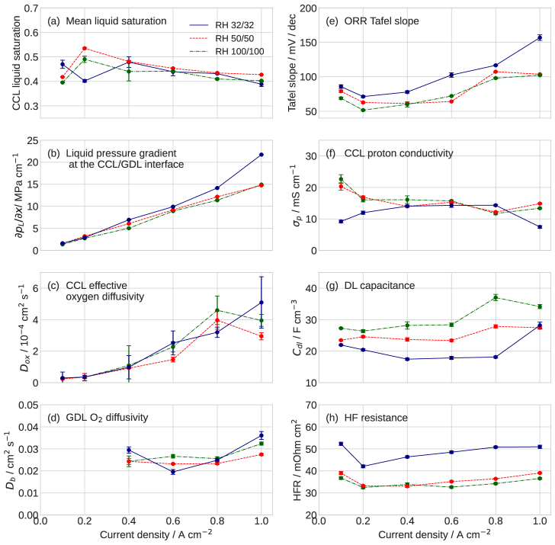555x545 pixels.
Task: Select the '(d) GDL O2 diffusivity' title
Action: pos(98,417)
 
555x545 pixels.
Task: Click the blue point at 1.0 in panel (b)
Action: pos(261,155)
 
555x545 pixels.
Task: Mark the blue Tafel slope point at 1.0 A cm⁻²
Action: pos(540,37)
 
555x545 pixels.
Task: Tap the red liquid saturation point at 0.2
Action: pos(85,48)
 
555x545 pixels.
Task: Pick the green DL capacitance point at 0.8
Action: pos(496,297)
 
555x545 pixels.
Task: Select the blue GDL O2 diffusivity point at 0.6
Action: pos(173,472)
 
